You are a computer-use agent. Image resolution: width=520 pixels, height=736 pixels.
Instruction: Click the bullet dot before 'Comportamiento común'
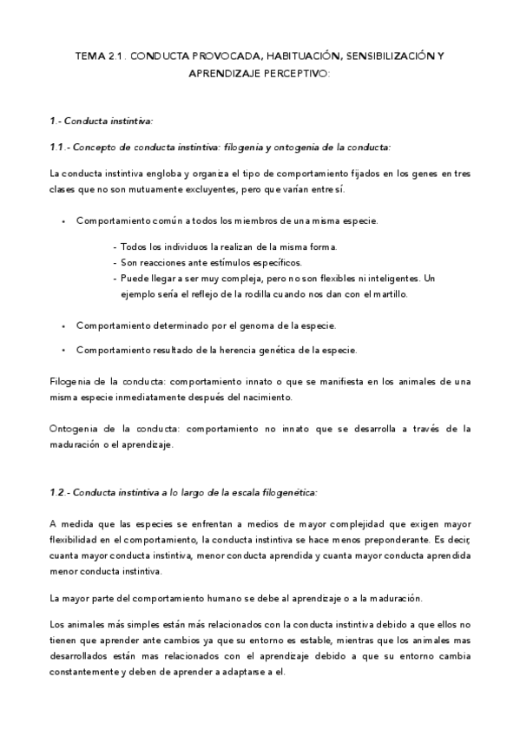(63, 222)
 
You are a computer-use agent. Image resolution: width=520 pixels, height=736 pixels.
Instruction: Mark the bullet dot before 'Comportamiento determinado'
(63, 326)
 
